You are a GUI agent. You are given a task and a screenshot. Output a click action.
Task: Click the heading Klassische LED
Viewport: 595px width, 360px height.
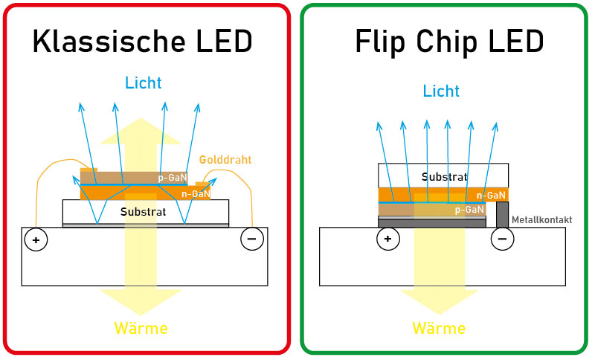[143, 42]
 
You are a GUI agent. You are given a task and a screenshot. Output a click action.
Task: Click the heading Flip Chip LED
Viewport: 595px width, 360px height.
[448, 42]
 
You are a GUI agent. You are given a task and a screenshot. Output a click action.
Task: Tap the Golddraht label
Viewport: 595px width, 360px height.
[226, 160]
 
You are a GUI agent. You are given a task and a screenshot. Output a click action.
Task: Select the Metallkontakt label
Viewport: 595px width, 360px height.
[541, 220]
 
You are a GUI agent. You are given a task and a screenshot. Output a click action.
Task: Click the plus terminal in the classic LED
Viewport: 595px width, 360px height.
[34, 240]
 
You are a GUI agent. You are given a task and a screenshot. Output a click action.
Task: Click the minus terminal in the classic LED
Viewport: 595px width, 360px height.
[251, 240]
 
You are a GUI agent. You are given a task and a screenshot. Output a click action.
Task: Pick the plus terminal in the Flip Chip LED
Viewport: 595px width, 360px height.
[387, 239]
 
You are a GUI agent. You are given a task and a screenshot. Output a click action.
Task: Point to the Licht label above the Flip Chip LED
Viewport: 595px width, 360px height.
[441, 91]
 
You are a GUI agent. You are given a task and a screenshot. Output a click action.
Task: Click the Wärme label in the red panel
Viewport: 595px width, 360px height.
[141, 327]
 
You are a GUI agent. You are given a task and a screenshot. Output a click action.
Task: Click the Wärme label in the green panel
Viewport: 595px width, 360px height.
[439, 327]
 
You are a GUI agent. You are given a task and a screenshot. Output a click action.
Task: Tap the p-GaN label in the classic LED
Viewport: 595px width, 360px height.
[173, 178]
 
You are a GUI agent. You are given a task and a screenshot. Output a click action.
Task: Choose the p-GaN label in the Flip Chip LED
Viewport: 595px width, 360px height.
[469, 210]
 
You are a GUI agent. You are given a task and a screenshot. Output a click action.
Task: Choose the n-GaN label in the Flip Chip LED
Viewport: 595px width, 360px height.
[492, 196]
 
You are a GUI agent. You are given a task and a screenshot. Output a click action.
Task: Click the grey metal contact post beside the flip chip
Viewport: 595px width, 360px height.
[502, 214]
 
